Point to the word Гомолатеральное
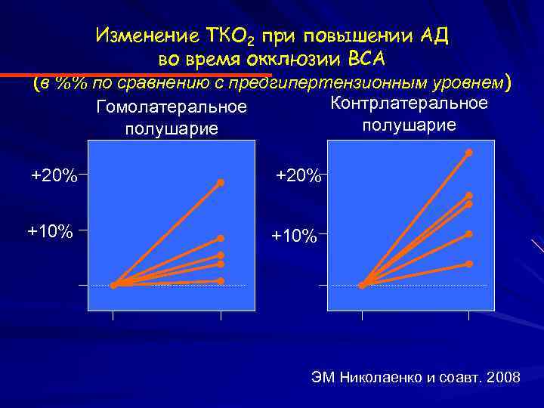(x=172, y=108)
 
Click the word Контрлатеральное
(x=410, y=104)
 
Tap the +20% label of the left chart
(x=54, y=176)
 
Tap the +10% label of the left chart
(x=51, y=230)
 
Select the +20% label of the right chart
(x=298, y=175)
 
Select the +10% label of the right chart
(x=294, y=236)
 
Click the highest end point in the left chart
(x=221, y=183)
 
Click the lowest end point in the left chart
(x=221, y=280)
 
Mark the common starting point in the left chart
(x=113, y=286)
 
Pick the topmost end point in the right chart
(x=469, y=153)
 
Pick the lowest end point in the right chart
(x=469, y=264)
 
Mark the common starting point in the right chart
(x=363, y=286)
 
